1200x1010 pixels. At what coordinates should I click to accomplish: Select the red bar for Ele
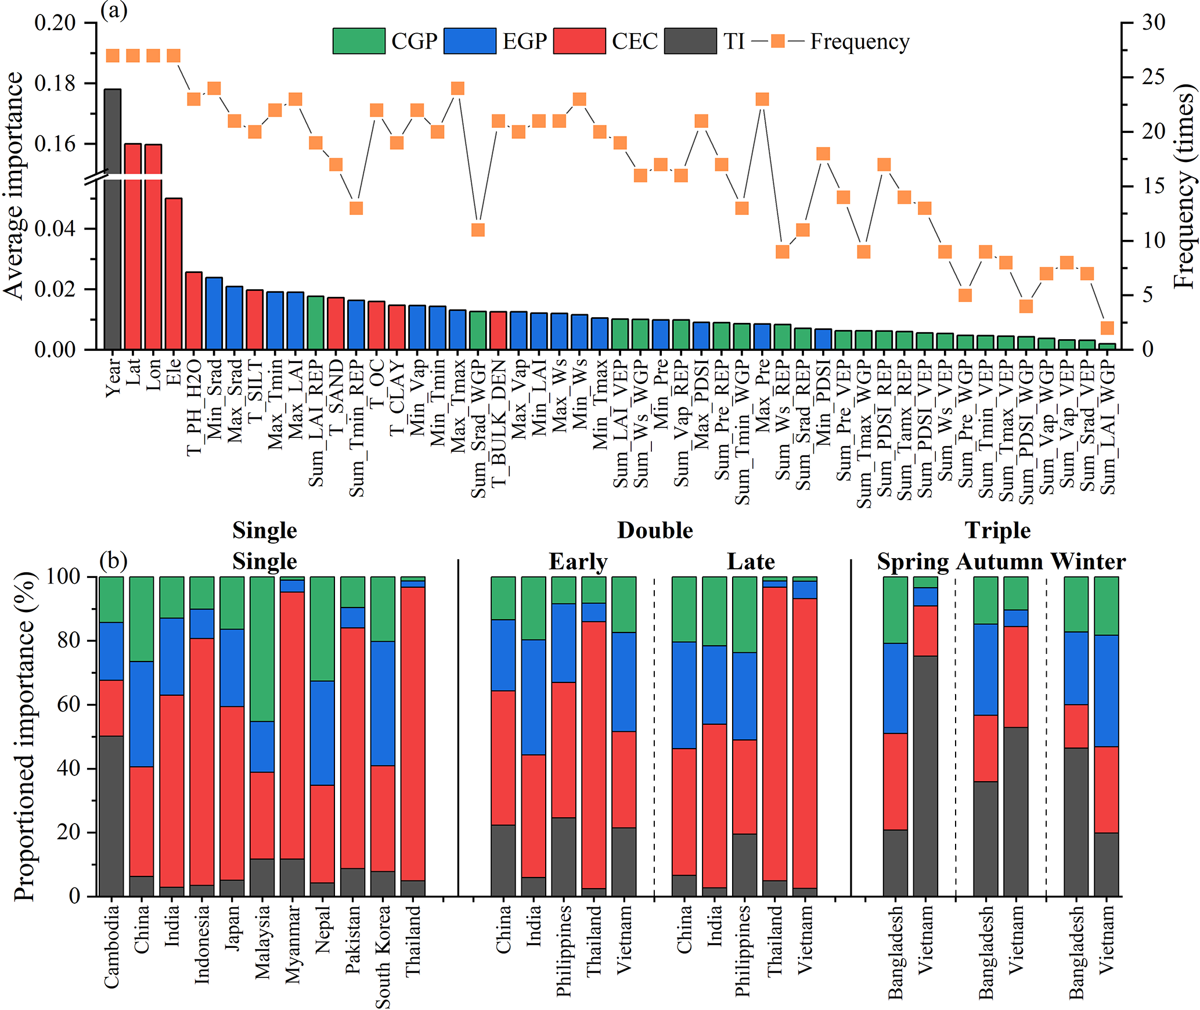coord(174,273)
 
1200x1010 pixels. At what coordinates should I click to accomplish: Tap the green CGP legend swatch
coord(359,41)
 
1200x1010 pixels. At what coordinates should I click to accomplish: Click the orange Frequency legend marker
coord(778,41)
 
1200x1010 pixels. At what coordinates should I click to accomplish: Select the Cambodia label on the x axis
coord(111,947)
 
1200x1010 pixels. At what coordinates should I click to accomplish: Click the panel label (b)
coord(114,560)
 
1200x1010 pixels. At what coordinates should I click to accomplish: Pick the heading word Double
coord(655,530)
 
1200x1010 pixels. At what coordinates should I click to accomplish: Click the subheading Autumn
coord(1000,562)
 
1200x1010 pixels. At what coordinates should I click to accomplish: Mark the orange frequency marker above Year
coord(113,56)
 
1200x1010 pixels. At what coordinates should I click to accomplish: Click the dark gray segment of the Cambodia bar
coord(111,816)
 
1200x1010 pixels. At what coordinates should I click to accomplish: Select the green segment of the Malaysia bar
coord(262,649)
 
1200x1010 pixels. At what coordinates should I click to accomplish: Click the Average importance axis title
coord(14,186)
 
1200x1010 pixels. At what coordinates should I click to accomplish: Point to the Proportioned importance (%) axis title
coord(24,736)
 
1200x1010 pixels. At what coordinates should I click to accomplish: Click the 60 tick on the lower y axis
coord(69,705)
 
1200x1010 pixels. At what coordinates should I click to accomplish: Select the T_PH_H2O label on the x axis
coord(194,407)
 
